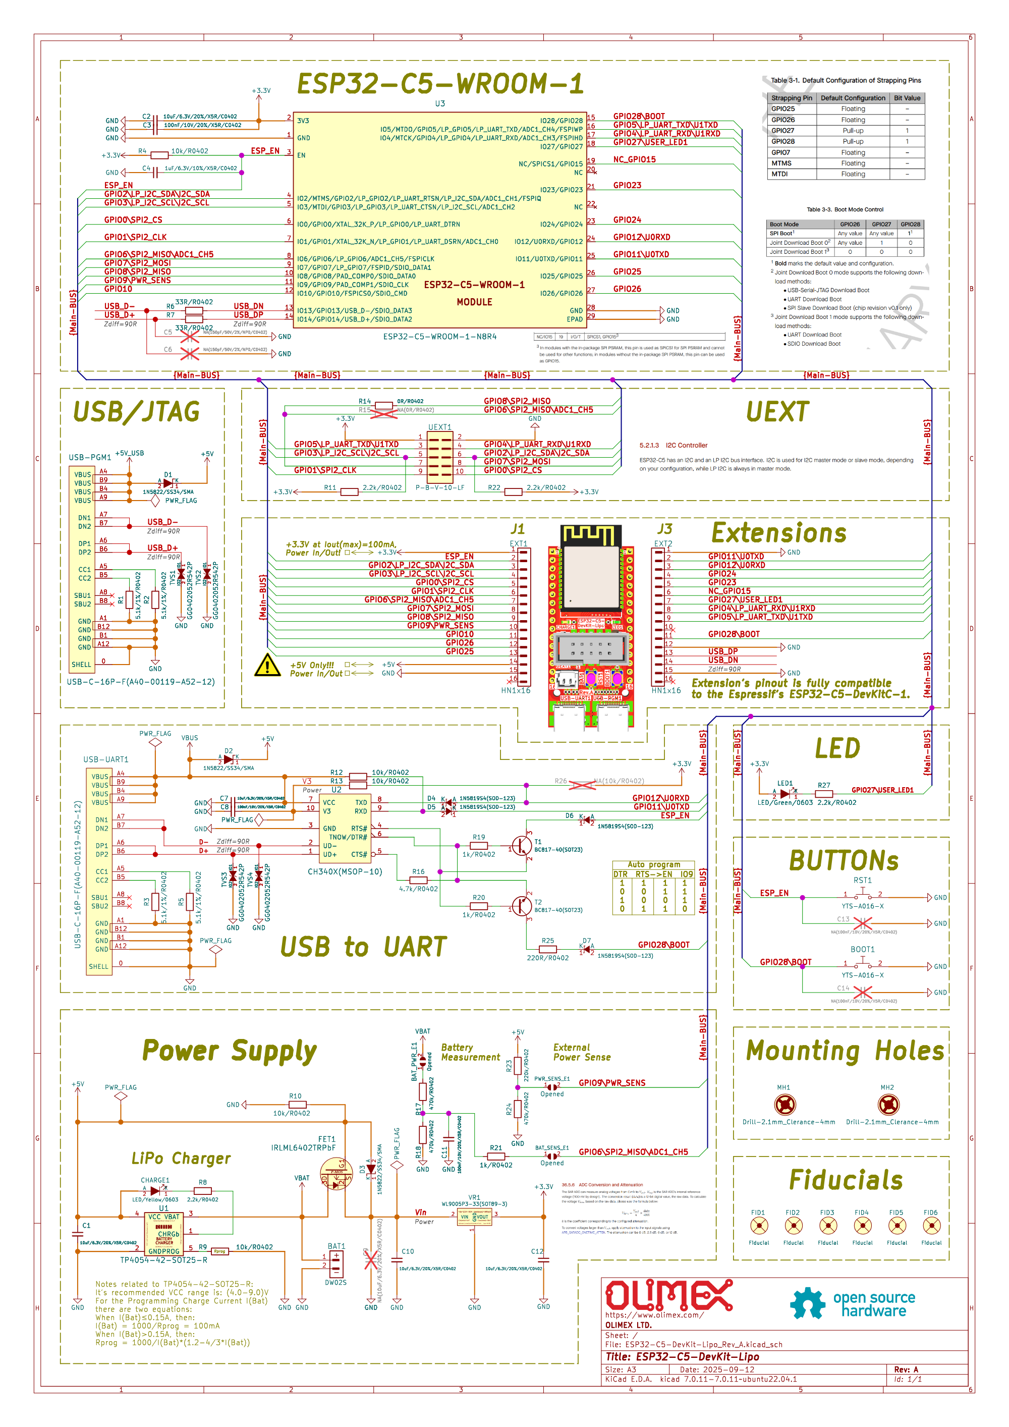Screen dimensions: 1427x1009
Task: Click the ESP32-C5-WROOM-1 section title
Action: (440, 84)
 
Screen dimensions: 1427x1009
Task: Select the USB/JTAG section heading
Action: (137, 412)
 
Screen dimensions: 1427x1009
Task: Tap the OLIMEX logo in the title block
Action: (668, 1295)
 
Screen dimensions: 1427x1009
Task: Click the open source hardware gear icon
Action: (807, 1303)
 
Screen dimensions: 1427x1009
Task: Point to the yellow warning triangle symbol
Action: (267, 665)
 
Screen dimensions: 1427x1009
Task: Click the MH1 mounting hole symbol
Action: (784, 1105)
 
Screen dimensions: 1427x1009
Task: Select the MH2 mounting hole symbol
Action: (888, 1105)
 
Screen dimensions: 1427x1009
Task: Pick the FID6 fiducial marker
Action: (931, 1226)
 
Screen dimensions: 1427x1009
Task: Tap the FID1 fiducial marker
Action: (759, 1226)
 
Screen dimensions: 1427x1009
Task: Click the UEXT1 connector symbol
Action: (440, 454)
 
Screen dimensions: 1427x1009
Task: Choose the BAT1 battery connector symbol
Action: (336, 1264)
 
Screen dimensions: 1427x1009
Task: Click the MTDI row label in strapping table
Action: (780, 174)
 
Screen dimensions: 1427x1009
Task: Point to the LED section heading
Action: (837, 748)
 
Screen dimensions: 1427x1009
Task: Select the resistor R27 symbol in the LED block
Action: (824, 794)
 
